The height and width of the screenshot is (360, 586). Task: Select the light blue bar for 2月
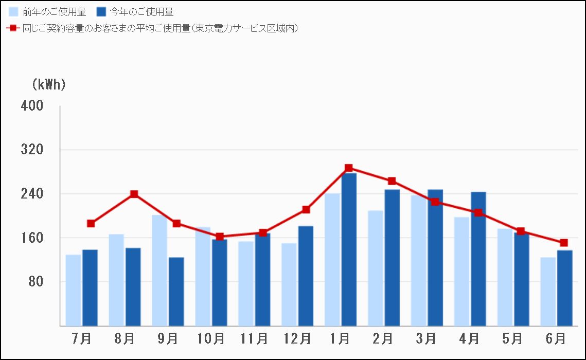coord(375,268)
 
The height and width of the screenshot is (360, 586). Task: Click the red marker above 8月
coord(134,194)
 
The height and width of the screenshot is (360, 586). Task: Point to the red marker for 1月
coord(349,168)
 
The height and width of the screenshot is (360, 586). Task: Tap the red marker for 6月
coord(564,243)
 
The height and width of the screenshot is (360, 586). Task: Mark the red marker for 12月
coord(306,209)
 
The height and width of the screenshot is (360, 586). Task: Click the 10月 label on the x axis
coord(211,339)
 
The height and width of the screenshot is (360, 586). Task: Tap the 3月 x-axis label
coord(426,339)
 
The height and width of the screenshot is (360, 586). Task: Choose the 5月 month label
coord(512,339)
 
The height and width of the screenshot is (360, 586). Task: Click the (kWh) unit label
coord(49,85)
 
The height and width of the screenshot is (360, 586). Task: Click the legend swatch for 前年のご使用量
coord(14,12)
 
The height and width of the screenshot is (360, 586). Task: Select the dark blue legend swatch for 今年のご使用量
coord(101,12)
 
